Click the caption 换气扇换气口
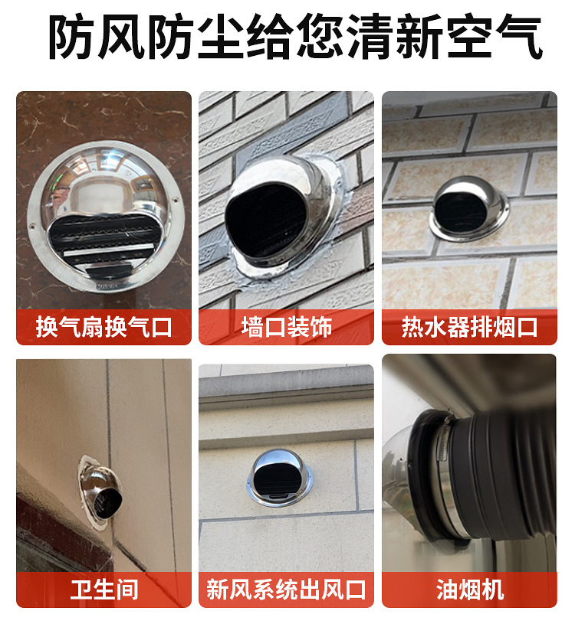103,327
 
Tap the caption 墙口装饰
287,327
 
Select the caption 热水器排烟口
470,327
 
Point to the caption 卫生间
103,590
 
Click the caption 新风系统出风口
287,590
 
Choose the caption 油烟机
470,590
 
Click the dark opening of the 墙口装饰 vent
267,221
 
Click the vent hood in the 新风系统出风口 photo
280,478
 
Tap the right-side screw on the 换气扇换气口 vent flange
176,201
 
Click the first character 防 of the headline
74,37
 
